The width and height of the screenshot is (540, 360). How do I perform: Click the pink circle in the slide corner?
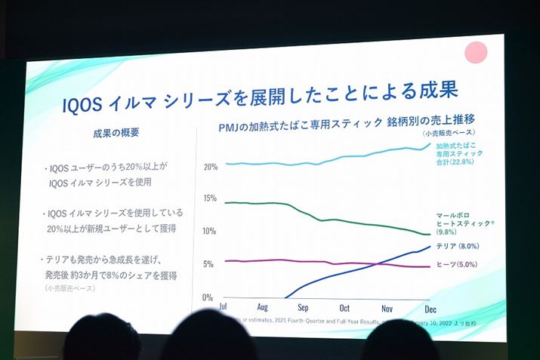[x=476, y=52]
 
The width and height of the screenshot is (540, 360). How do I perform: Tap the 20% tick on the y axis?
[x=211, y=166]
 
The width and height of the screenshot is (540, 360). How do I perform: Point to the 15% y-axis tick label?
[x=211, y=199]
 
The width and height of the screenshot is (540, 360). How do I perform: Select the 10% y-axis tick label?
[x=211, y=231]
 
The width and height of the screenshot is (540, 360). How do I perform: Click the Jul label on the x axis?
[x=222, y=307]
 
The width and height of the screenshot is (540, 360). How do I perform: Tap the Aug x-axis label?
[x=262, y=308]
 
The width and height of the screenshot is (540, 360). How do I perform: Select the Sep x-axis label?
[x=303, y=308]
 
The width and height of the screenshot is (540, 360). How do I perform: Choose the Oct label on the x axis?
[x=344, y=308]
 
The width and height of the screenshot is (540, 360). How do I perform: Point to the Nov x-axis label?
[x=387, y=308]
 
